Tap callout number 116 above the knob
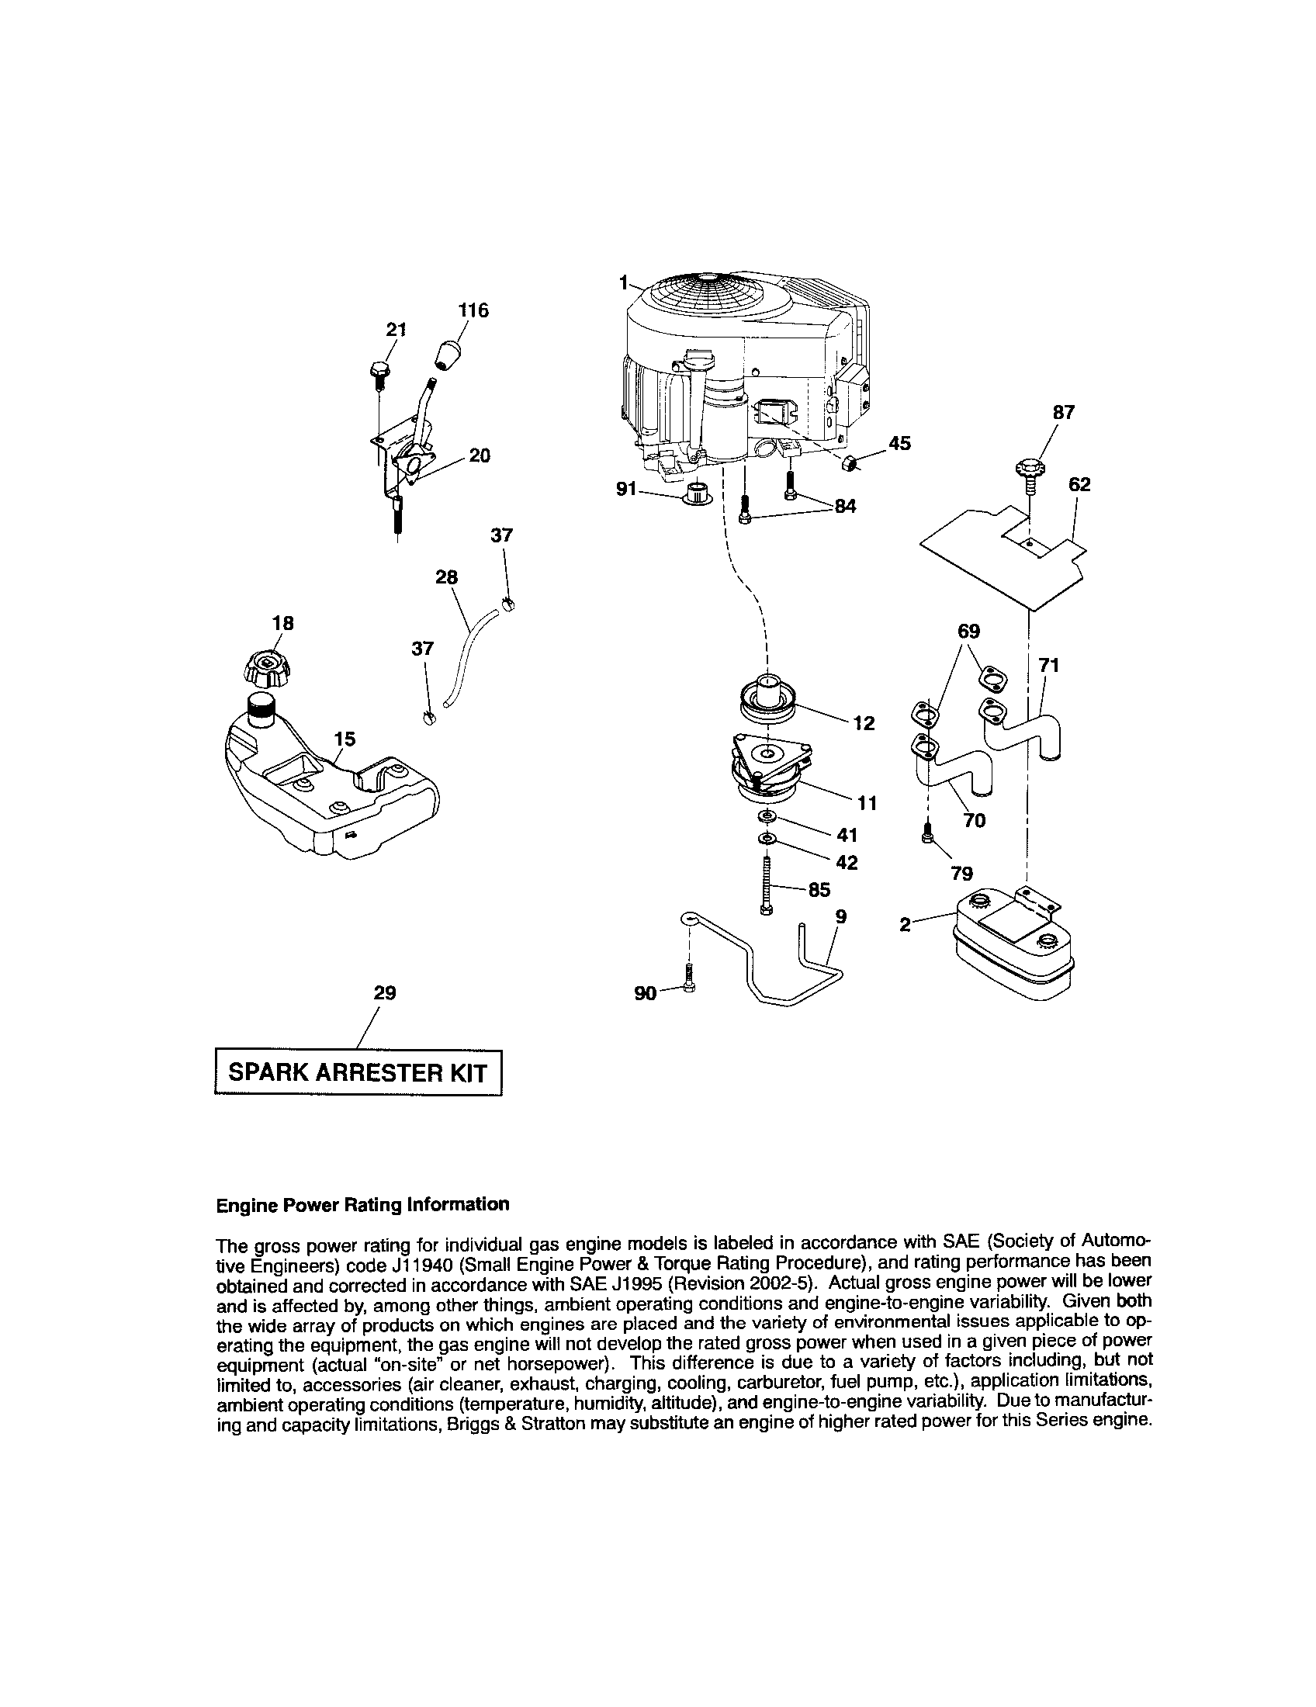click(x=473, y=310)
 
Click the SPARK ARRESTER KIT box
click(x=357, y=1072)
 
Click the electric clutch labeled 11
click(x=768, y=770)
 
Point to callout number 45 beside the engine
click(x=899, y=443)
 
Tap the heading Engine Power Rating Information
click(x=362, y=1204)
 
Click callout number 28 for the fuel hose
click(x=446, y=577)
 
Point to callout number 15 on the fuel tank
click(x=345, y=738)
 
